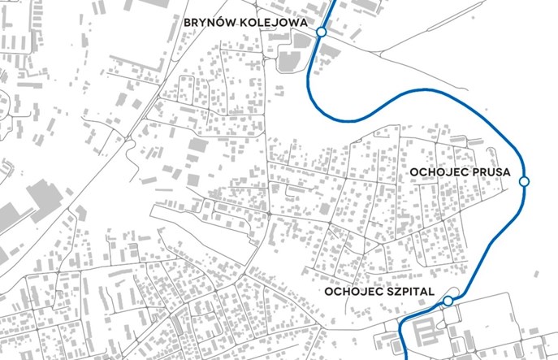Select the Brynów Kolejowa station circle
[x=322, y=32]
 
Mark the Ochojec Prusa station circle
[x=524, y=180]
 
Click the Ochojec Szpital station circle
[x=448, y=302]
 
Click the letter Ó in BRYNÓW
[x=219, y=22]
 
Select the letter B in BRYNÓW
[x=188, y=22]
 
